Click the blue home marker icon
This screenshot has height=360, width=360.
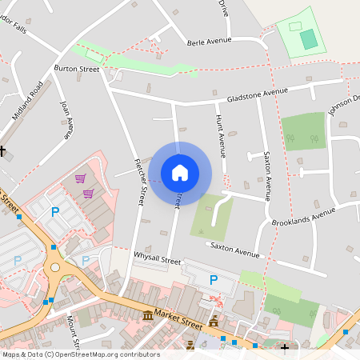(180, 172)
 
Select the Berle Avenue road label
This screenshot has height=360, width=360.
(209, 41)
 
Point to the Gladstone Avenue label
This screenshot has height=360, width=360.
(257, 93)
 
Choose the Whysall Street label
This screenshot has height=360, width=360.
(159, 260)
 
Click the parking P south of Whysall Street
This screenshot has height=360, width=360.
(213, 280)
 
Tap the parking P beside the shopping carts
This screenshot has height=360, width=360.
(55, 212)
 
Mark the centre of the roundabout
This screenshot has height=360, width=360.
(55, 268)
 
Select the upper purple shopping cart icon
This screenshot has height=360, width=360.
(79, 178)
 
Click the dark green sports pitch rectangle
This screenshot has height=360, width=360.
(308, 39)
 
